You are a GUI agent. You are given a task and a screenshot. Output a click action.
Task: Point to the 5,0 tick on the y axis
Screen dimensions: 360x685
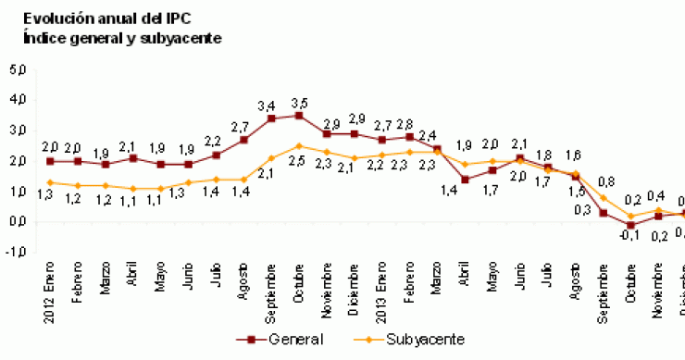click(19, 69)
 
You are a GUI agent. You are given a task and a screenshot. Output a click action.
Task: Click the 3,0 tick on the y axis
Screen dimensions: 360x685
click(19, 130)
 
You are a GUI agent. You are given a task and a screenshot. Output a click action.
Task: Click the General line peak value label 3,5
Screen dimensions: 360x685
click(298, 101)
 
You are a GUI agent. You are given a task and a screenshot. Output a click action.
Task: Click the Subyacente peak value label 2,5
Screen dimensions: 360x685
click(298, 161)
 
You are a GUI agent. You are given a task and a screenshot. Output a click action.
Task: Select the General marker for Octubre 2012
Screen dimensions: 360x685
click(298, 116)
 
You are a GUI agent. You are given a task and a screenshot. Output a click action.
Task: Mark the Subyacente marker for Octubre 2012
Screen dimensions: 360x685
click(298, 146)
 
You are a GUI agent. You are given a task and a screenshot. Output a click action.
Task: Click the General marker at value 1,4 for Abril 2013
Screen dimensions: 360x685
click(465, 180)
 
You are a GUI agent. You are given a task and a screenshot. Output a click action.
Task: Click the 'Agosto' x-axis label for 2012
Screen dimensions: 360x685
click(243, 264)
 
